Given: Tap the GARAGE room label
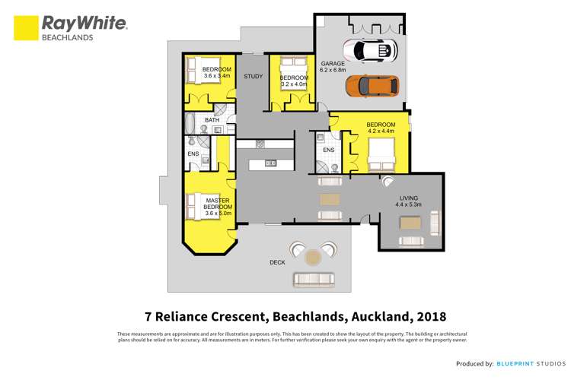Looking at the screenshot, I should tap(333, 64).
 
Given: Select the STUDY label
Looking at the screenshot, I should tap(253, 77).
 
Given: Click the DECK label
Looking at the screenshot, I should tap(278, 262).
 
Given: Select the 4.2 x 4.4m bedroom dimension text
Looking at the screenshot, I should tap(381, 131).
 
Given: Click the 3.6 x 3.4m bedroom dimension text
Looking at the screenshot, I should tap(217, 76).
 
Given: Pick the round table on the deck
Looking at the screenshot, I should tap(313, 258).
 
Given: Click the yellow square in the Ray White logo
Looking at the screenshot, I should tap(26, 28).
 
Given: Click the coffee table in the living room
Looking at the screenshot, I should tap(409, 223).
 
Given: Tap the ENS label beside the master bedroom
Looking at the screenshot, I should tap(193, 155).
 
